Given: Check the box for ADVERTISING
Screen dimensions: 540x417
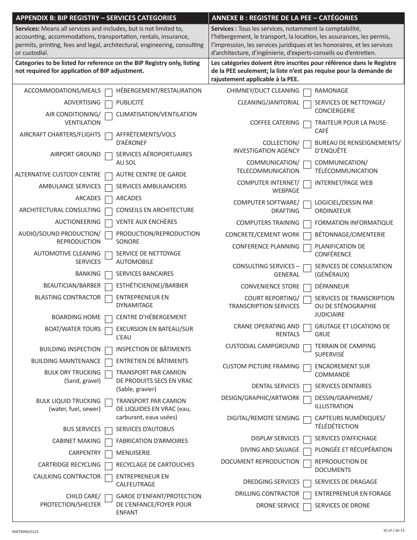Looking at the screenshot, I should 108,104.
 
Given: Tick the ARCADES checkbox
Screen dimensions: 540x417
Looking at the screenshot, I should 108,199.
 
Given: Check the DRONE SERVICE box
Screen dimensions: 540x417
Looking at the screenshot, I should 307,507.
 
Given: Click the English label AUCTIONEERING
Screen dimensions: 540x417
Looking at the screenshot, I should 78,222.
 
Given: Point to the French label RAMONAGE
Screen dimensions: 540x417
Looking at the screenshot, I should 331,91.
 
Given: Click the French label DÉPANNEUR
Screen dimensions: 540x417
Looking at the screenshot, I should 332,287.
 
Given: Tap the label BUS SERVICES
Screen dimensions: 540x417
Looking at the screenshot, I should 82,429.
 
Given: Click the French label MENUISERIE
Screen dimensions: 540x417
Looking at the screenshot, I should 133,453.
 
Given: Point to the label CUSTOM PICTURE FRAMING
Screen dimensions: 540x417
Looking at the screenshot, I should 261,367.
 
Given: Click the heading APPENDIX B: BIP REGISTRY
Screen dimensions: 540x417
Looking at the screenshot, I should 96,18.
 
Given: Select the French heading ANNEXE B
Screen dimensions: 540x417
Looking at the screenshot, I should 284,18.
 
